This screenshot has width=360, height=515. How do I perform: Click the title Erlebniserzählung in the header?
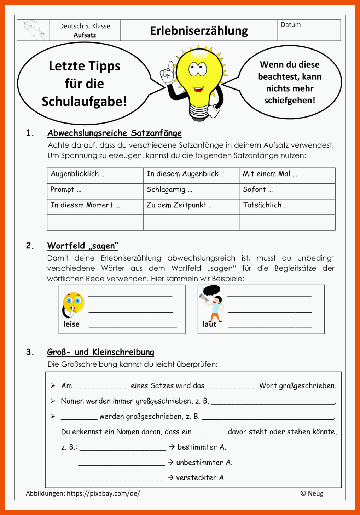coord(199,31)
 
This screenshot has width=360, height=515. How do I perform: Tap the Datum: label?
coord(292,25)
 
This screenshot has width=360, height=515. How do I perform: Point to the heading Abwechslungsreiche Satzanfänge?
coord(115,133)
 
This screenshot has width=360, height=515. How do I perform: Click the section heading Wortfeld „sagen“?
coord(83,246)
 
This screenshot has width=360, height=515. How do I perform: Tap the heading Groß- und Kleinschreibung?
coord(101,352)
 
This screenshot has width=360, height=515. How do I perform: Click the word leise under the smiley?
coord(71,324)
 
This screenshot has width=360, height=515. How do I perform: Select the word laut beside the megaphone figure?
coord(209,324)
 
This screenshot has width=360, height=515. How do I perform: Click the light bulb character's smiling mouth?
coord(198,89)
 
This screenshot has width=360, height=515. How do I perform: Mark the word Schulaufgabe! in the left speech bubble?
coord(84,102)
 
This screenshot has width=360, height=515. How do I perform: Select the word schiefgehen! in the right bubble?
coord(290,101)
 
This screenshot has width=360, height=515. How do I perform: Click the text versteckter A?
coord(201,478)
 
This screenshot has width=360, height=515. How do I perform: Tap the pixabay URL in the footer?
coord(103,493)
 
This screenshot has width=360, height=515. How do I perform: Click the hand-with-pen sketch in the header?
coord(34,30)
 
